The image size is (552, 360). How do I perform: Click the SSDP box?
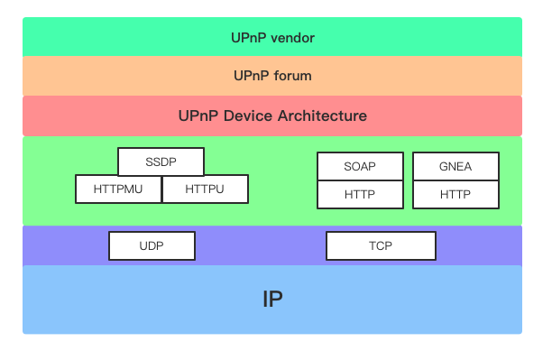tap(161, 162)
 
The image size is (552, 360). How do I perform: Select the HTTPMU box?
tap(118, 189)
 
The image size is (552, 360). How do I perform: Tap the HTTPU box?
tap(205, 189)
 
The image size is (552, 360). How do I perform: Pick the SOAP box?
tap(360, 167)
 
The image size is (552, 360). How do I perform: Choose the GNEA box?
tap(455, 167)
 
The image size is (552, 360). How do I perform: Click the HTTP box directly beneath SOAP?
tap(360, 195)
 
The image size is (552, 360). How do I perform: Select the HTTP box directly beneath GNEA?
tap(455, 195)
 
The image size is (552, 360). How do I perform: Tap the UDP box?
tap(152, 245)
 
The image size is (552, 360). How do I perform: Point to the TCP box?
tap(381, 245)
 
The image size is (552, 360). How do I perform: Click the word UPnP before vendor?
tap(249, 37)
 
